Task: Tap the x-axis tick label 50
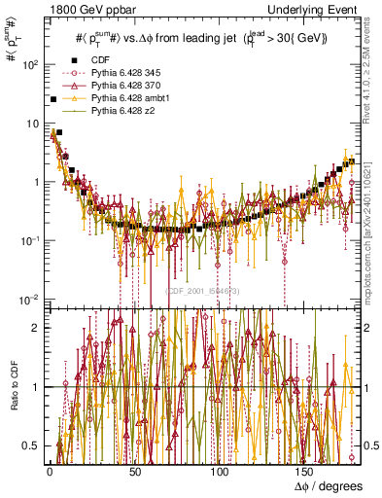[134, 472]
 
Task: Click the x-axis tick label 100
[221, 472]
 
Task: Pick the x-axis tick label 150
[306, 472]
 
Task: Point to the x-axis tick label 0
[50, 472]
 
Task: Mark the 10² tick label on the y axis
[30, 65]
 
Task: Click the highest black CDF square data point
[52, 99]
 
